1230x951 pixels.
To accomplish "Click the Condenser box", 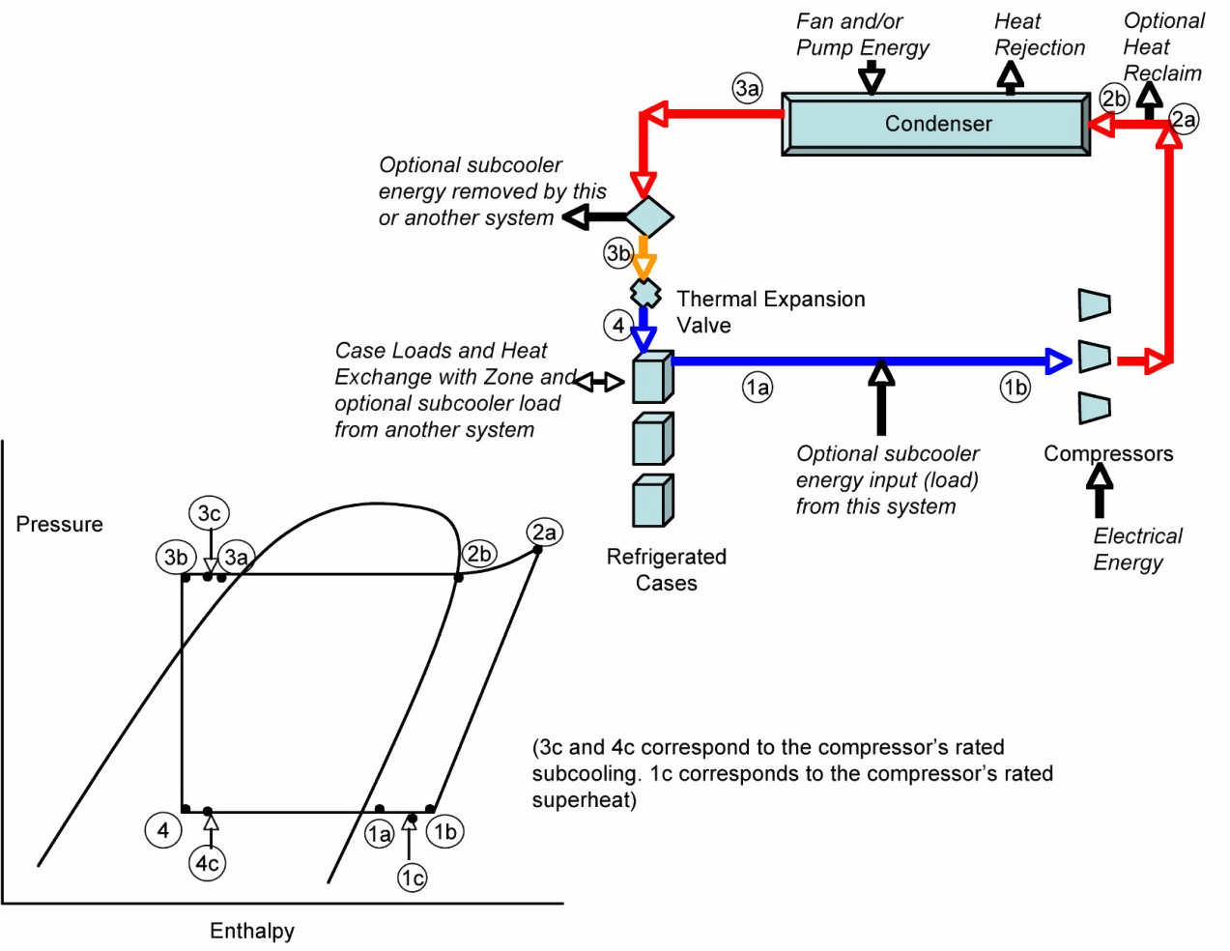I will click(x=936, y=124).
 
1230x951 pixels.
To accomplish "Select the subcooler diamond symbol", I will click(x=648, y=216).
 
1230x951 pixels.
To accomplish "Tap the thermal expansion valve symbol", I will click(x=644, y=292).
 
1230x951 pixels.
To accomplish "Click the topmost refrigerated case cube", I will click(x=652, y=378).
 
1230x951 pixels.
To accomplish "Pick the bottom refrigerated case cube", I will click(x=652, y=501).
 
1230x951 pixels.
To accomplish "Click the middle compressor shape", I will click(x=1094, y=357).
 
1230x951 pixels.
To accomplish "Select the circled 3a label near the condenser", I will click(x=747, y=88).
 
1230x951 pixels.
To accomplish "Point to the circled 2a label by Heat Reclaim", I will click(x=1184, y=119).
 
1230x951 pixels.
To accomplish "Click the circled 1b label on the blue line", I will click(x=1015, y=388).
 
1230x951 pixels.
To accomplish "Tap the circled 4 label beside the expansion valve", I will click(x=618, y=325).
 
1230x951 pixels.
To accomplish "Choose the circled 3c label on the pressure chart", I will click(x=209, y=513).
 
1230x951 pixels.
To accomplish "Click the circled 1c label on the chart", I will click(x=413, y=878).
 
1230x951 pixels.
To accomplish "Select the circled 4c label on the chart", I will click(x=207, y=863).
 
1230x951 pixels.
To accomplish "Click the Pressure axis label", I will click(x=59, y=524).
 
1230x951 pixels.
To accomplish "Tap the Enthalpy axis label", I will click(x=252, y=931).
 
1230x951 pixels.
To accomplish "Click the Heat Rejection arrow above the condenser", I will click(x=1010, y=78).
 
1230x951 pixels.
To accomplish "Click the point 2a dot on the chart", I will click(x=538, y=550).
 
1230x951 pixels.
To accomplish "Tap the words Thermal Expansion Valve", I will click(x=770, y=311).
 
